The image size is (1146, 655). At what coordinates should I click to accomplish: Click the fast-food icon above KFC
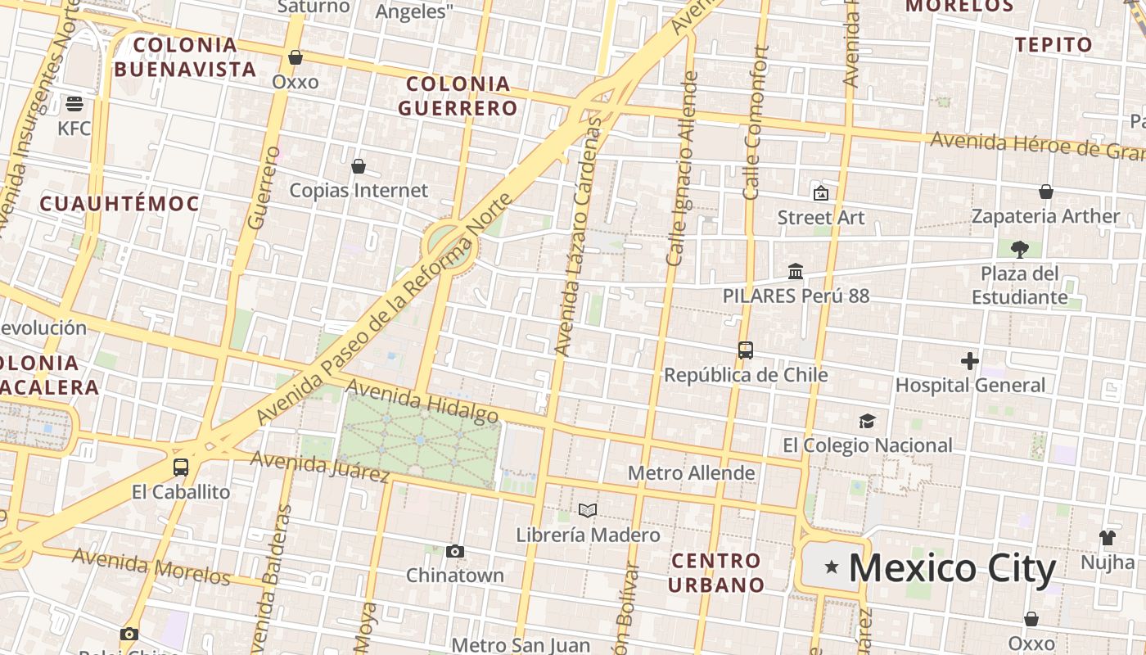pyautogui.click(x=74, y=104)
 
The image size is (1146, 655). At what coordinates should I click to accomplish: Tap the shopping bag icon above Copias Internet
pyautogui.click(x=358, y=167)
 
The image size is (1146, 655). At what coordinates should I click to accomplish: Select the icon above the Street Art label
pyautogui.click(x=820, y=193)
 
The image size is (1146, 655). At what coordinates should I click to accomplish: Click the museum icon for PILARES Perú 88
pyautogui.click(x=795, y=271)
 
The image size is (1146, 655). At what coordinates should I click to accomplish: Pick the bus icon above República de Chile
pyautogui.click(x=745, y=350)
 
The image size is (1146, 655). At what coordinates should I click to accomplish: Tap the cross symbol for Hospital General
pyautogui.click(x=970, y=360)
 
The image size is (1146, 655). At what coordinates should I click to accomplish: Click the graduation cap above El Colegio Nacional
pyautogui.click(x=867, y=421)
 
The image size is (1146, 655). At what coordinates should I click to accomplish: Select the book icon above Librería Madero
pyautogui.click(x=587, y=510)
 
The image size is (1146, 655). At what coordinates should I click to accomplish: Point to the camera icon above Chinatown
pyautogui.click(x=455, y=551)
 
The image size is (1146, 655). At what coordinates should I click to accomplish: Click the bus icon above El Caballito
pyautogui.click(x=181, y=468)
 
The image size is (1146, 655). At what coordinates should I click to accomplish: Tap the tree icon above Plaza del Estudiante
pyautogui.click(x=1019, y=248)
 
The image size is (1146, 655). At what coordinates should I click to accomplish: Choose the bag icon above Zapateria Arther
pyautogui.click(x=1045, y=192)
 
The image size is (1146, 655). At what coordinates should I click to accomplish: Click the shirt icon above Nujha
pyautogui.click(x=1107, y=538)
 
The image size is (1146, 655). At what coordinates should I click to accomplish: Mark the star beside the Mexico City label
pyautogui.click(x=832, y=567)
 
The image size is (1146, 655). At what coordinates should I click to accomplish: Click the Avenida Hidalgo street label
pyautogui.click(x=422, y=401)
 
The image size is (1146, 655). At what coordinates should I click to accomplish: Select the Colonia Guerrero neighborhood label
pyautogui.click(x=458, y=96)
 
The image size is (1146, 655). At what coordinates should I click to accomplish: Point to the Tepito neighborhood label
pyautogui.click(x=1054, y=45)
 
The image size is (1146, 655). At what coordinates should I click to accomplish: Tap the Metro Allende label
pyautogui.click(x=691, y=473)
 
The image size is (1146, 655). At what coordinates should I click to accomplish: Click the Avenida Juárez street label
pyautogui.click(x=319, y=466)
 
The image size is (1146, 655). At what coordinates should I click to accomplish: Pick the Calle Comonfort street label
pyautogui.click(x=755, y=123)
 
